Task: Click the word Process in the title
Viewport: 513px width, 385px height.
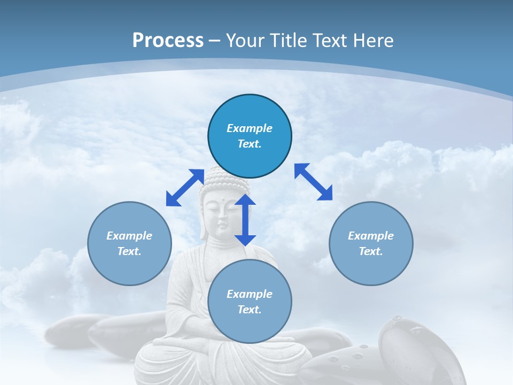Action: (x=168, y=40)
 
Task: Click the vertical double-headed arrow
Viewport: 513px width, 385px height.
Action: (x=245, y=220)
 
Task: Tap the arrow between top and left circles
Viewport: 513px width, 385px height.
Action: (x=185, y=187)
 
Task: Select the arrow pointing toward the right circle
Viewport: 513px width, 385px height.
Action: (x=314, y=182)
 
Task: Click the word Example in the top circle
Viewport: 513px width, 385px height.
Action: (x=250, y=128)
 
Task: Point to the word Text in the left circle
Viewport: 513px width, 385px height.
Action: (x=129, y=251)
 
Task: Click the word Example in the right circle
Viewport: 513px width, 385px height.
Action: (x=371, y=236)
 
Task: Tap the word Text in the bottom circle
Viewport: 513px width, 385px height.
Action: (x=250, y=310)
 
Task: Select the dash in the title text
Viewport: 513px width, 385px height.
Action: (x=215, y=41)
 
